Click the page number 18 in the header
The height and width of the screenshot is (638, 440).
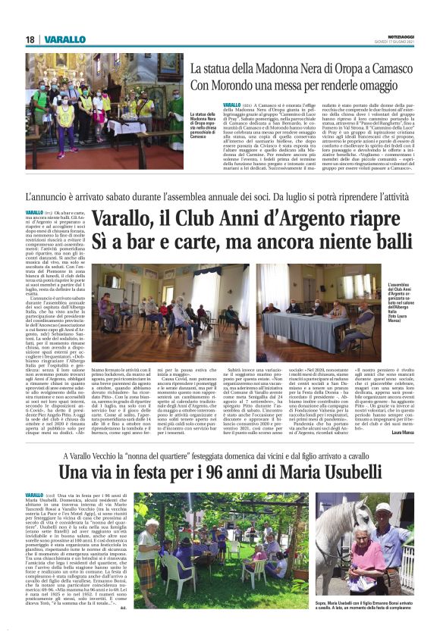[x=30, y=39]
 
